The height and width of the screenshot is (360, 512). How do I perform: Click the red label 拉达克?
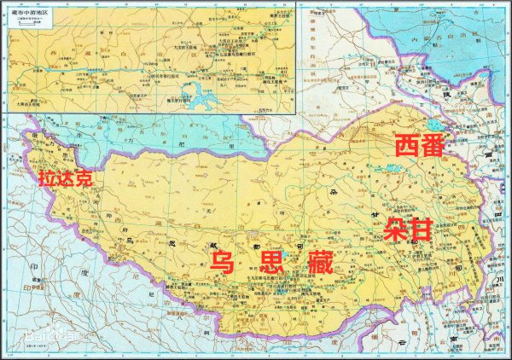point(65,179)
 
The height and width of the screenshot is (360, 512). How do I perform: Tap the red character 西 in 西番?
point(407,145)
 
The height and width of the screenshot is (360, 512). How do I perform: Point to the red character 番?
point(433,145)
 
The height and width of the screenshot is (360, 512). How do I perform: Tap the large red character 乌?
point(224,262)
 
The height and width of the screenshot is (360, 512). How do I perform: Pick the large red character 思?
point(271,262)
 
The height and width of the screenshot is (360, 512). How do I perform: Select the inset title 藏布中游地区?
point(26,11)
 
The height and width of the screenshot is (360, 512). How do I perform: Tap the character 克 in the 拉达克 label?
point(84,179)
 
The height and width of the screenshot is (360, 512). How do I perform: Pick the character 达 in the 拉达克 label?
point(65,179)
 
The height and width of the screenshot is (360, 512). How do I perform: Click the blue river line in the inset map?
point(128,65)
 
